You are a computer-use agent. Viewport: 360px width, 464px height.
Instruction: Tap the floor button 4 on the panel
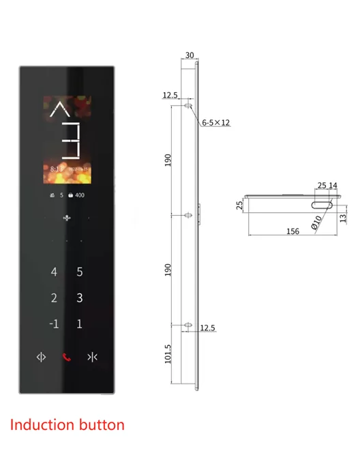[x=55, y=272]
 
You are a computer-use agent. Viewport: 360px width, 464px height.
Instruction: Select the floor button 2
[x=55, y=298]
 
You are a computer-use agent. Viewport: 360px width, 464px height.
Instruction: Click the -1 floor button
[x=53, y=323]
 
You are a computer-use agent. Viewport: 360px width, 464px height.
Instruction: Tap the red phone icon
[x=67, y=358]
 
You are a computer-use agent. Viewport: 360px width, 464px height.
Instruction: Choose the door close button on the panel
[x=92, y=358]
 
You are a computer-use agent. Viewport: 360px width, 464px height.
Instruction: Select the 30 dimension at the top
[x=189, y=57]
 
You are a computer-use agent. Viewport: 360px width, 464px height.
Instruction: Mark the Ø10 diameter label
[x=316, y=221]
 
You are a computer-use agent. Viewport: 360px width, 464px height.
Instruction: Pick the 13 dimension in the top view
[x=342, y=216]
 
